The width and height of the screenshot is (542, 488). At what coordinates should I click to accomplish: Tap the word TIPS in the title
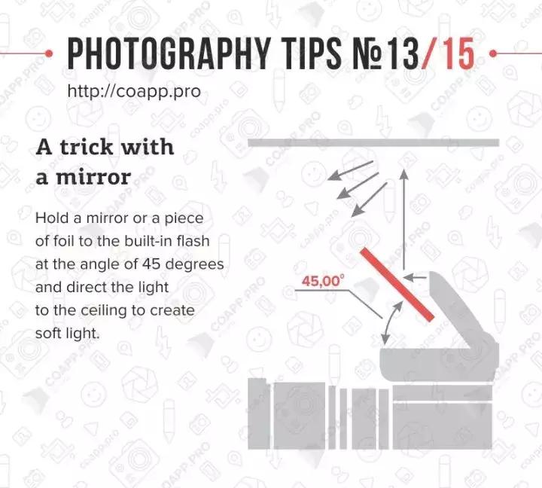tap(313, 53)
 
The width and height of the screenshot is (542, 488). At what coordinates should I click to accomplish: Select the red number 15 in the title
tap(458, 53)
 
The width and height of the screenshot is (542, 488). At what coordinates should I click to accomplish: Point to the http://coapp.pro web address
tap(134, 91)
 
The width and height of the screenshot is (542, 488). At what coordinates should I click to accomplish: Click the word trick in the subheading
tap(87, 147)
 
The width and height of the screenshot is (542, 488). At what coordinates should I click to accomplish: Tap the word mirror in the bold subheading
tap(93, 177)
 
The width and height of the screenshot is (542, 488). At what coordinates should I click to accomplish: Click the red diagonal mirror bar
tap(397, 285)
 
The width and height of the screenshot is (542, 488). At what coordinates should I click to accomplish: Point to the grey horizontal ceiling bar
tap(373, 142)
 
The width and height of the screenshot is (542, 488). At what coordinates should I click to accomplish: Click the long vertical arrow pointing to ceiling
tap(403, 219)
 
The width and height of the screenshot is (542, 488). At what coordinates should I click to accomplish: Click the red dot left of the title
tap(49, 53)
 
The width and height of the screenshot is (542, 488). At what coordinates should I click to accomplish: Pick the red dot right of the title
tap(493, 53)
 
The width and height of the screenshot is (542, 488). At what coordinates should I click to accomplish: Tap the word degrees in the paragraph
tap(195, 264)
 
